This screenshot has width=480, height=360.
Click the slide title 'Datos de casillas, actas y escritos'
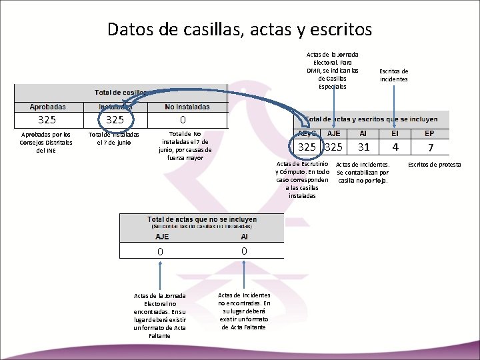pyautogui.click(x=239, y=29)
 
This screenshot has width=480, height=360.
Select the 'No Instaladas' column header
pyautogui.click(x=187, y=107)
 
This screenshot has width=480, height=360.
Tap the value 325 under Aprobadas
pyautogui.click(x=47, y=120)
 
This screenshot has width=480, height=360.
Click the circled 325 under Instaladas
pyautogui.click(x=115, y=120)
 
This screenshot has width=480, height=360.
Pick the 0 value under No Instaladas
pyautogui.click(x=183, y=120)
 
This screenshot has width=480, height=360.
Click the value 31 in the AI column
pyautogui.click(x=363, y=147)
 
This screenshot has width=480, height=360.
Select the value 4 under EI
pyautogui.click(x=395, y=147)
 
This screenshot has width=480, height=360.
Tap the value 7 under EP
pyautogui.click(x=431, y=147)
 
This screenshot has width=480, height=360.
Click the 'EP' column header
pyautogui.click(x=429, y=133)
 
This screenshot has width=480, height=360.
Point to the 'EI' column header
pyautogui.click(x=395, y=133)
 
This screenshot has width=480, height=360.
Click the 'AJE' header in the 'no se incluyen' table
pyautogui.click(x=162, y=237)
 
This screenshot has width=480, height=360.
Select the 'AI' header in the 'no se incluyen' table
pyautogui.click(x=245, y=237)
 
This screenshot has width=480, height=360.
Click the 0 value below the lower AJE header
pyautogui.click(x=160, y=251)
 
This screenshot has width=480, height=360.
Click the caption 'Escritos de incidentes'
pyautogui.click(x=394, y=75)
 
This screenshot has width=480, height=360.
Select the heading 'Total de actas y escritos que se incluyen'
pyautogui.click(x=372, y=120)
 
